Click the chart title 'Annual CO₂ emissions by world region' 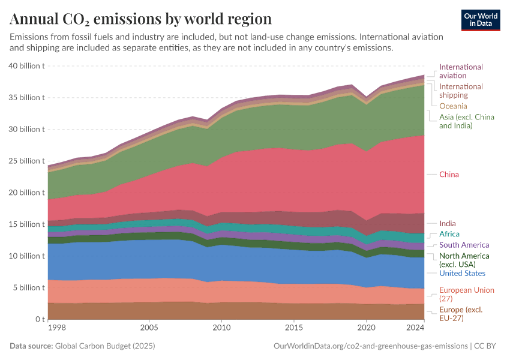click(140, 19)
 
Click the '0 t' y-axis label click(39, 319)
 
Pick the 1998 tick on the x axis click(58, 328)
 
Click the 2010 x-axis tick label click(221, 328)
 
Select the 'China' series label click(449, 175)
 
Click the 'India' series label click(447, 224)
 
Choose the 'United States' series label click(462, 274)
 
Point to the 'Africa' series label click(449, 234)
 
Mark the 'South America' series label click(464, 245)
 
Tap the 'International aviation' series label click(461, 71)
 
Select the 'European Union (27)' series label click(467, 295)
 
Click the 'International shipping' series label click(461, 91)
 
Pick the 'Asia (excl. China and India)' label click(466, 121)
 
